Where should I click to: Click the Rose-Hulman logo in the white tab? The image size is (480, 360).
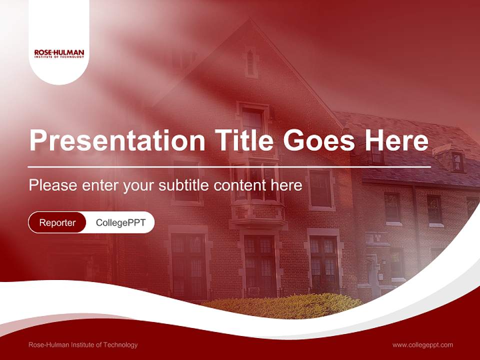tap(59, 53)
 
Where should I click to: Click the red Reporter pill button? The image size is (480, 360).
tap(57, 222)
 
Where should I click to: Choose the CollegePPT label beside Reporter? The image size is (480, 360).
tap(120, 222)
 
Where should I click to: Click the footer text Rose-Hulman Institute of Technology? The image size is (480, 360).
tap(83, 345)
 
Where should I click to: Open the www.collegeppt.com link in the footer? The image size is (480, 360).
tap(422, 345)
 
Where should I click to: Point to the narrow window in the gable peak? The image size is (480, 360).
tap(250, 62)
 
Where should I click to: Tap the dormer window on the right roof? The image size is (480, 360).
tap(457, 161)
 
